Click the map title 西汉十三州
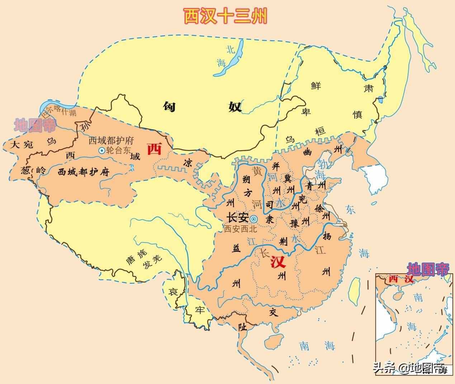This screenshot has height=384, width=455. (225, 16)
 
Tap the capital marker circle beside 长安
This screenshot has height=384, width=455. (253, 219)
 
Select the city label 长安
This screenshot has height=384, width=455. (237, 218)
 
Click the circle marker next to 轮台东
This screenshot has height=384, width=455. (101, 151)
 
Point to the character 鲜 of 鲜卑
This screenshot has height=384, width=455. (316, 86)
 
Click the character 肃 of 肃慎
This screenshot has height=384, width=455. (368, 88)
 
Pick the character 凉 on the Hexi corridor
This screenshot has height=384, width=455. (187, 162)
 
